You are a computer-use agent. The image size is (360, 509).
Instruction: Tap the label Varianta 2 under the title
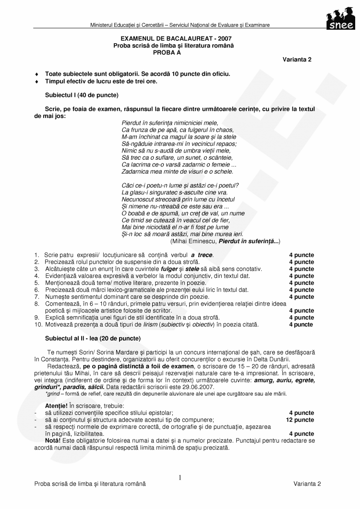click(297, 59)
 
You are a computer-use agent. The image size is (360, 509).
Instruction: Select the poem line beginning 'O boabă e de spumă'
click(183, 213)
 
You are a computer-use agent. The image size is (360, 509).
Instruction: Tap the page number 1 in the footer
click(180, 477)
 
